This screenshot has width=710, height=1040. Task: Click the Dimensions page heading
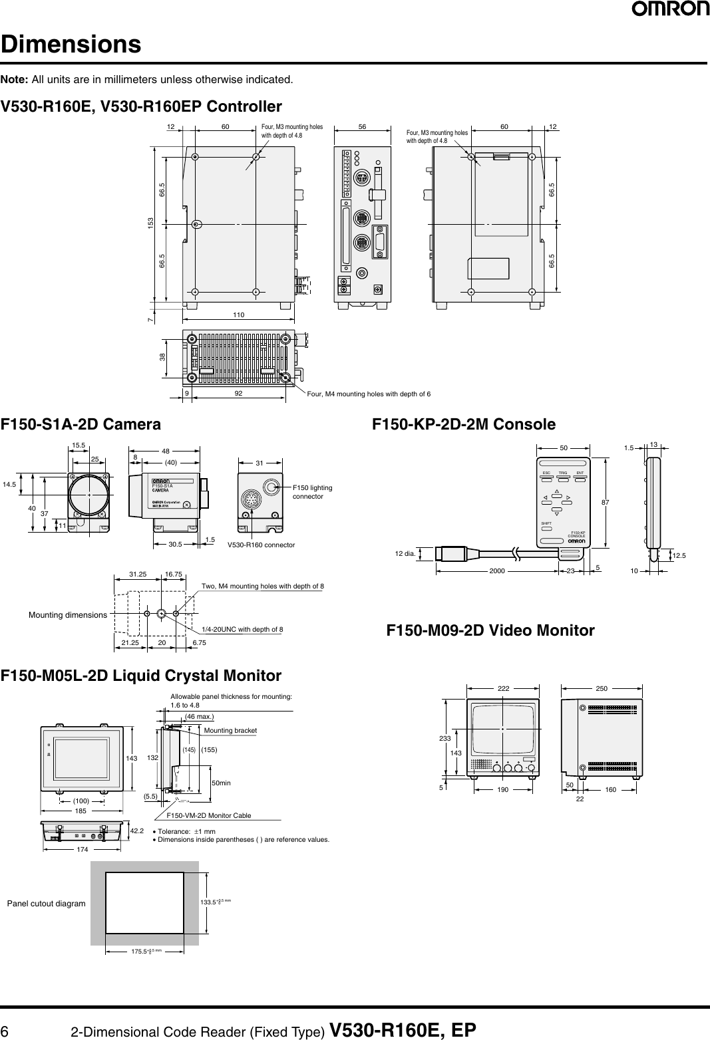tap(71, 45)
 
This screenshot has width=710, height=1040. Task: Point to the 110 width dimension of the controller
tap(239, 314)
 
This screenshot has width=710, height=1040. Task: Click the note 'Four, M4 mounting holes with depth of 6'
tap(369, 394)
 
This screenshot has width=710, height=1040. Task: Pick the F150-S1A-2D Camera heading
tap(81, 424)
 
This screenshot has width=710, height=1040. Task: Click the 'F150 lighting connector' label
tap(312, 492)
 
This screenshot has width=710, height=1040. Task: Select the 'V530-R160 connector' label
tap(261, 545)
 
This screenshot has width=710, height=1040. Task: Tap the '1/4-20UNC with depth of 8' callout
tap(242, 629)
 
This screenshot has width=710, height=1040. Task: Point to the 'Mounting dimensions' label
tap(67, 615)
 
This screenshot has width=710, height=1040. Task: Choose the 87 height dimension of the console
tap(604, 504)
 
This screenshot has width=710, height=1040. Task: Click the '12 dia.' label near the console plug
tap(405, 553)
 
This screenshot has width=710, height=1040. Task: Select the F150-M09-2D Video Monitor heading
tap(490, 630)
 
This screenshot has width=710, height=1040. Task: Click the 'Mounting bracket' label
tap(230, 730)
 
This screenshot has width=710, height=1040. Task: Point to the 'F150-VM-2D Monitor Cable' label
tap(208, 815)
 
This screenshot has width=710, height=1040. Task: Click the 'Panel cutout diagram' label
tap(46, 903)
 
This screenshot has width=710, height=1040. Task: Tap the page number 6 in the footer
tap(5, 1030)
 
